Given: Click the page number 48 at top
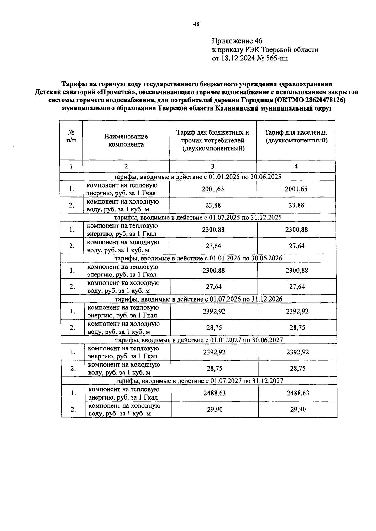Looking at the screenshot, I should point(196,24).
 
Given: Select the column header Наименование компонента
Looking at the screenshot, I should point(126,140).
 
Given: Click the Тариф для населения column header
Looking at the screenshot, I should point(296,137).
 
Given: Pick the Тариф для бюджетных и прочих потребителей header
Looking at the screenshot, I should point(213,140).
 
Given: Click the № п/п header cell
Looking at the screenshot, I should point(71,137).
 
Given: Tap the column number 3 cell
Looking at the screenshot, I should point(213,166).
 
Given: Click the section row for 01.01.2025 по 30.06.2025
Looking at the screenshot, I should point(197,177).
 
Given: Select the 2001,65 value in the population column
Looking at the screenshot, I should point(296,189).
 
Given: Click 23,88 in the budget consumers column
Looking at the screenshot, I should point(213,205).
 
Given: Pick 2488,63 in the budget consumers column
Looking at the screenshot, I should point(214,393).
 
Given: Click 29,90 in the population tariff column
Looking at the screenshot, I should point(298,410).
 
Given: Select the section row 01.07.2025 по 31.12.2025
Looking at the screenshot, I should point(198,218).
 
